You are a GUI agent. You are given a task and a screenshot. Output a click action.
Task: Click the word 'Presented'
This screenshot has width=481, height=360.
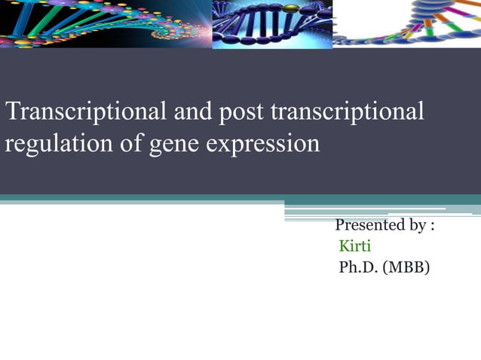pos(369,225)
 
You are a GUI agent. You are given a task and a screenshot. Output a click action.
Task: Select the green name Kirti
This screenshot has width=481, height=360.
pos(355,246)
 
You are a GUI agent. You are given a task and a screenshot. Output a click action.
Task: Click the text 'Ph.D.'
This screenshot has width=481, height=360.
pos(360,267)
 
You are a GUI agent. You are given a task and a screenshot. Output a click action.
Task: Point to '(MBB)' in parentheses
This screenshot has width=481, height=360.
pos(407,267)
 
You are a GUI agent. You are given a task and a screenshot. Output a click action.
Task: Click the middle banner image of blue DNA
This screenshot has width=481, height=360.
pos(271,24)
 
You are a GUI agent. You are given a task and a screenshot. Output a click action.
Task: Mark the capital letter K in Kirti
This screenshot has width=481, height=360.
pos(345,246)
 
